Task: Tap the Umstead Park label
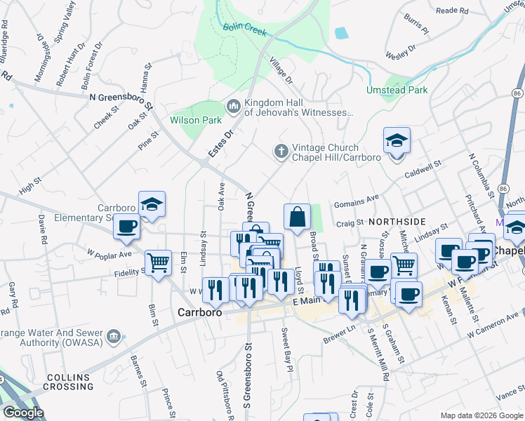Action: (397, 90)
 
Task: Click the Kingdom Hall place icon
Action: (233, 107)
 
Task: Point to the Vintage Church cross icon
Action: (281, 152)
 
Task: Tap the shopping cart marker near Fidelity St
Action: (158, 263)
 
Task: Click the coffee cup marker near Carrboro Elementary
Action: (127, 227)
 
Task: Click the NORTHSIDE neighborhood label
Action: (397, 221)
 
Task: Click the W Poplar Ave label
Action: (109, 253)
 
